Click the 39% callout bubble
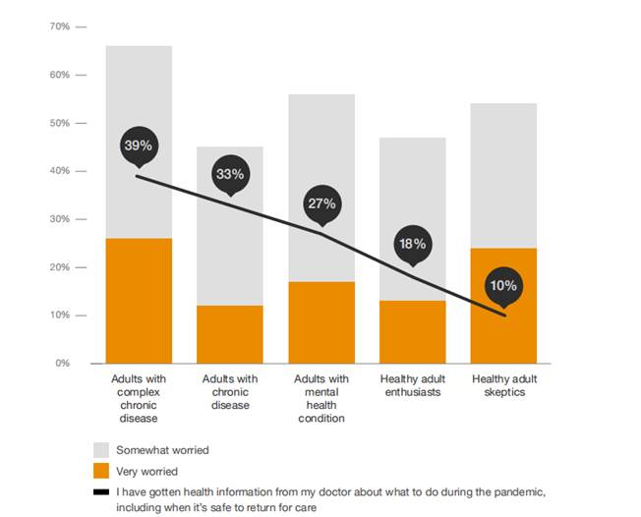pos(138,145)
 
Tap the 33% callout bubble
pos(229,174)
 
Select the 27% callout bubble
pos(321,203)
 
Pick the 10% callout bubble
pos(504,285)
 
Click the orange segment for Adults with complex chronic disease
pos(138,301)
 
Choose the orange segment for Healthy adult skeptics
pos(504,306)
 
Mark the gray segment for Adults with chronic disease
pos(229,226)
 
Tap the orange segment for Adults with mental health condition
pos(321,322)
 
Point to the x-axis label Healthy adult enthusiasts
pos(413,385)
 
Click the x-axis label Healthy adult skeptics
pos(504,385)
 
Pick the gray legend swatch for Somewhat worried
pos(100,450)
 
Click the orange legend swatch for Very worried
pos(100,471)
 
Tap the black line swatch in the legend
pos(100,491)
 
